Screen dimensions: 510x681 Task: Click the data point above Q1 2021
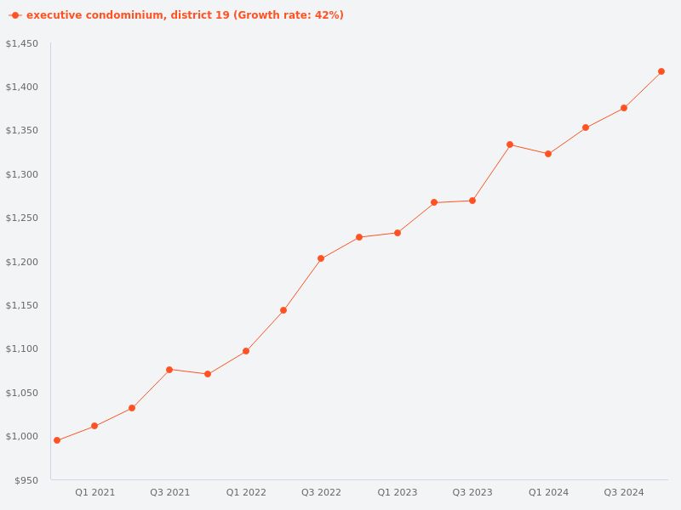pyautogui.click(x=94, y=426)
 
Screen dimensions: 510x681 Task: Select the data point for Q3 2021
pyautogui.click(x=169, y=370)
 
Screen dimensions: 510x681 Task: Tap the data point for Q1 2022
pyautogui.click(x=246, y=351)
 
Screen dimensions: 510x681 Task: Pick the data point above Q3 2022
pyautogui.click(x=321, y=258)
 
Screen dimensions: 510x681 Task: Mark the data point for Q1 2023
pyautogui.click(x=398, y=233)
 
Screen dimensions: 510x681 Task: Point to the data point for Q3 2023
pyautogui.click(x=472, y=201)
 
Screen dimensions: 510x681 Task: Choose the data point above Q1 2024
pyautogui.click(x=548, y=154)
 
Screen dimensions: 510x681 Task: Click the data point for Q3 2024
pyautogui.click(x=624, y=108)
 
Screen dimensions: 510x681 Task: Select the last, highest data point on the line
pyautogui.click(x=661, y=71)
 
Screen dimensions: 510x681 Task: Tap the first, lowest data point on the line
pyautogui.click(x=57, y=440)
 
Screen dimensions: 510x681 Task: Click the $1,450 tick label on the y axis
pyautogui.click(x=22, y=43)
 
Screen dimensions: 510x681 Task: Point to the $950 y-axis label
pyautogui.click(x=26, y=480)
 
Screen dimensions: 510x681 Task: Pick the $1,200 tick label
pyautogui.click(x=22, y=262)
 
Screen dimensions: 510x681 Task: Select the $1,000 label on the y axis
pyautogui.click(x=22, y=436)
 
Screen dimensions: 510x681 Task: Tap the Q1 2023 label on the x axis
pyautogui.click(x=398, y=492)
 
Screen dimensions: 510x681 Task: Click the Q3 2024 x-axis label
pyautogui.click(x=624, y=492)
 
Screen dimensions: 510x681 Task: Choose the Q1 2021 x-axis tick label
pyautogui.click(x=94, y=492)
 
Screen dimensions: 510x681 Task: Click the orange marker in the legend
pyautogui.click(x=15, y=15)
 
